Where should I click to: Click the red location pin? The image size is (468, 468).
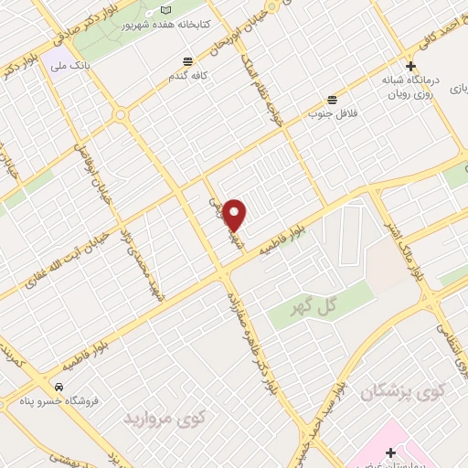click(235, 214)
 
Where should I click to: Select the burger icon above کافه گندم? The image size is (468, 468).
click(187, 61)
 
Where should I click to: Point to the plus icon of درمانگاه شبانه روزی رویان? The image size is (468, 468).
click(410, 66)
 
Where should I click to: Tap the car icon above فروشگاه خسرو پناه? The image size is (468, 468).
click(58, 387)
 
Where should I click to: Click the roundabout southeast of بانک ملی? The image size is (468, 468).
click(120, 115)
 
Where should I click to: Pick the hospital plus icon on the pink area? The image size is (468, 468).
click(391, 452)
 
